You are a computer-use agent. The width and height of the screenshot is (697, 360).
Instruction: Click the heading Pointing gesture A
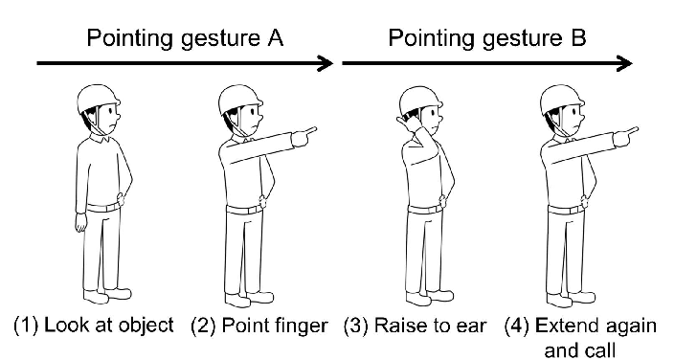(188, 39)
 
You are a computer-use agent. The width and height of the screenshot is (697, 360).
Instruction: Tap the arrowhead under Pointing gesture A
(326, 64)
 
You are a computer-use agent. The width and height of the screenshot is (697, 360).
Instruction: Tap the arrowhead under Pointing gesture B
(624, 64)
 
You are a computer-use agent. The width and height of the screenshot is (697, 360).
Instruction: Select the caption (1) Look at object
(93, 325)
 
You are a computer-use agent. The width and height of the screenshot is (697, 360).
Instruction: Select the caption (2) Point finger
(259, 325)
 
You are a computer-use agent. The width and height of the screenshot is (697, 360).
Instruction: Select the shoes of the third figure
(421, 296)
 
